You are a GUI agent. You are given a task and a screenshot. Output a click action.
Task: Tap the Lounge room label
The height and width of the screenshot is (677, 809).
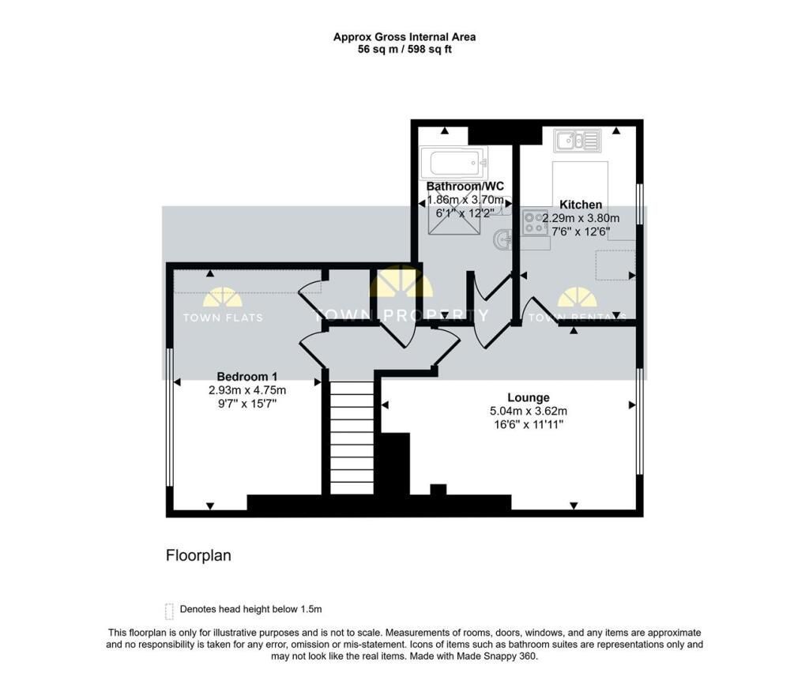point(529,398)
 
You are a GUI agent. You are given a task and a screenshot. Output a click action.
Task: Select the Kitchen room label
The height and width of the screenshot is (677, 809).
point(581,205)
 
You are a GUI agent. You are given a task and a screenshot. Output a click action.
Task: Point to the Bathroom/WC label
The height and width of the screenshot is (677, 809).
point(465,186)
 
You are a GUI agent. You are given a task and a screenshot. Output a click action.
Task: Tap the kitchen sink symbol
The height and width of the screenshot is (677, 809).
point(578,141)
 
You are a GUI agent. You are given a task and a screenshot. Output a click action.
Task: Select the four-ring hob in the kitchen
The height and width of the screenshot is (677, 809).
point(536,223)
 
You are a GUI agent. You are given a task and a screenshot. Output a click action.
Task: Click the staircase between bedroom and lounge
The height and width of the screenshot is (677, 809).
point(352,438)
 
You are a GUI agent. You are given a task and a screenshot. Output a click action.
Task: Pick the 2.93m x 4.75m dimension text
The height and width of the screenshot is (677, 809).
point(247,390)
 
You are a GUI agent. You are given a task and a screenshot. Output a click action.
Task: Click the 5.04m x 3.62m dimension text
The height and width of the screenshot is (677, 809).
point(529,412)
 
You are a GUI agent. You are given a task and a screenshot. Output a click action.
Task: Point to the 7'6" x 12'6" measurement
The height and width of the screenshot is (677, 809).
point(581,231)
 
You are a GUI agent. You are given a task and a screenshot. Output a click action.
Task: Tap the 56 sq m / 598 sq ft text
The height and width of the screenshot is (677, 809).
point(404,50)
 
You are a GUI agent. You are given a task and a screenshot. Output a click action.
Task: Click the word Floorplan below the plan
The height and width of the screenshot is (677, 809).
point(198,555)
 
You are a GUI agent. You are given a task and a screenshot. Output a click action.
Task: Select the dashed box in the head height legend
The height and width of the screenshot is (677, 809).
point(169,611)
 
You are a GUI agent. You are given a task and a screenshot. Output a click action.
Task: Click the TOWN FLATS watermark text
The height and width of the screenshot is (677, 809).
point(223,318)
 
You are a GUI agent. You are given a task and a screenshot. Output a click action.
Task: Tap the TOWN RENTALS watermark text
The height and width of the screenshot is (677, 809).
point(578,318)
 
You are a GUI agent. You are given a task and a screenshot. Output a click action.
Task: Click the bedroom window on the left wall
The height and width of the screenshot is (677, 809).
point(169,417)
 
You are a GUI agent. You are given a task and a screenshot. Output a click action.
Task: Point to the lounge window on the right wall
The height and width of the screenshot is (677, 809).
point(640,421)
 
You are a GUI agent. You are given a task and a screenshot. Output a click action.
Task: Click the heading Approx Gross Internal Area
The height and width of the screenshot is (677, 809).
point(404,37)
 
